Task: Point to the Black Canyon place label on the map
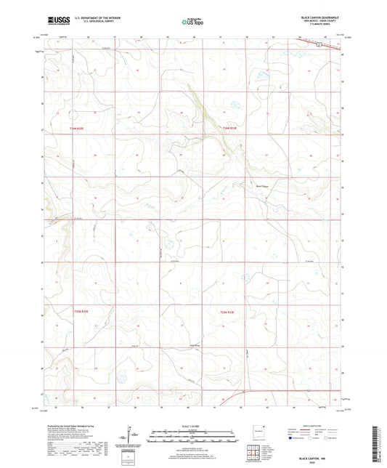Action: [261, 185]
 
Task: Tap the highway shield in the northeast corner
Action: [318, 44]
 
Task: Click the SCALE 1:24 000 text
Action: [192, 426]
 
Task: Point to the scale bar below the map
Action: [192, 437]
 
